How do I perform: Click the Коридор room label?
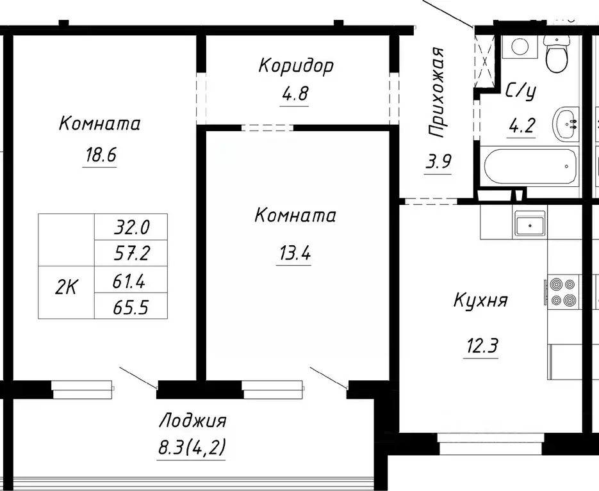[x=296, y=66]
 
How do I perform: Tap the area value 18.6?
[x=99, y=155]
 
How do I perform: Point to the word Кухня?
[x=480, y=300]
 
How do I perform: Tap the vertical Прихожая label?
[x=437, y=92]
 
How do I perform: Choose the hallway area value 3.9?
[x=438, y=161]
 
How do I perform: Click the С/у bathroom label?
[x=520, y=92]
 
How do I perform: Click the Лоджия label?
[x=192, y=421]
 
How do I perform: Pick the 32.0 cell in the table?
[x=131, y=227]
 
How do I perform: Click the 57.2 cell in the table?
[x=131, y=254]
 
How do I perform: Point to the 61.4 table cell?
[x=131, y=280]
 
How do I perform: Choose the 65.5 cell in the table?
[x=131, y=308]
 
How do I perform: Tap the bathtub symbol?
[x=531, y=166]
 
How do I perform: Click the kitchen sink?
[x=530, y=224]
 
